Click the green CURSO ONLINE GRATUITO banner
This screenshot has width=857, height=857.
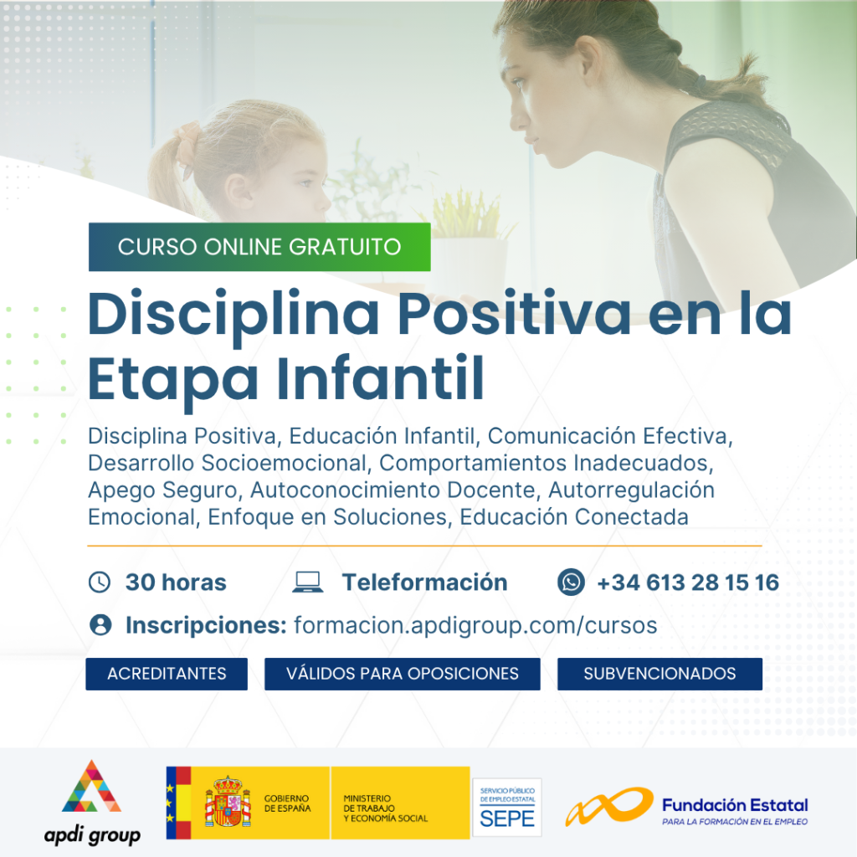259,247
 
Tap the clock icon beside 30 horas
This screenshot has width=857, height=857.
100,582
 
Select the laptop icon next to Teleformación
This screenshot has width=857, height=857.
308,582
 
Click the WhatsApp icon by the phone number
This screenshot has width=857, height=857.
571,582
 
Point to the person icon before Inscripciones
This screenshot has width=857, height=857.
100,624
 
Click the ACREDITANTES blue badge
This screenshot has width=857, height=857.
167,674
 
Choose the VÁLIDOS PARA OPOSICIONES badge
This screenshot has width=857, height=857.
403,674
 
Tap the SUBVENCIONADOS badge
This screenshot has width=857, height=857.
659,674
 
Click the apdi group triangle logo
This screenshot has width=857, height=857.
92,787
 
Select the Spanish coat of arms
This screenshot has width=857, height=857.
228,802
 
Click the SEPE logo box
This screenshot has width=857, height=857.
506,808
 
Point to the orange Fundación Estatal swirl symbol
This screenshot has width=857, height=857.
609,805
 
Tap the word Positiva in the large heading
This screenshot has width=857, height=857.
515,314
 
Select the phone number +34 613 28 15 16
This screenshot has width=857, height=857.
688,582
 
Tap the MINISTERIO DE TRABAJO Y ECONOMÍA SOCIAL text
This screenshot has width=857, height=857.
385,808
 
